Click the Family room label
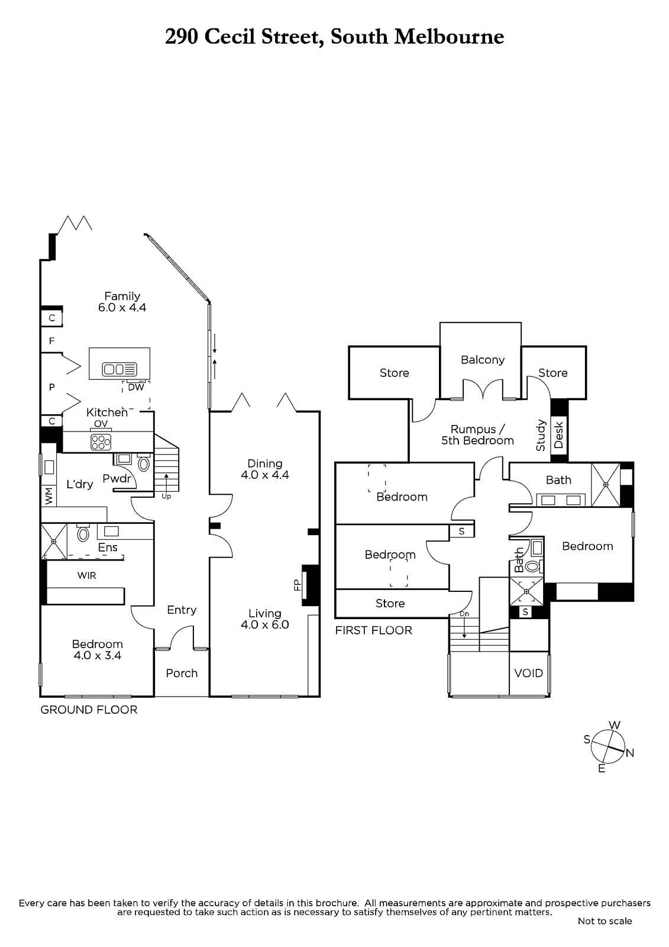point(122,296)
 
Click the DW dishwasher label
point(136,388)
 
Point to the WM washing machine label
point(49,495)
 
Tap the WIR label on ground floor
point(86,575)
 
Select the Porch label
point(182,673)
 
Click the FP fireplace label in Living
point(298,585)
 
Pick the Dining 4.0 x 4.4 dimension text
point(265,475)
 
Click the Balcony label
point(483,359)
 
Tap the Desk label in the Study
point(559,434)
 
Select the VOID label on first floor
point(528,673)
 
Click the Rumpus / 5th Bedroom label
point(477,434)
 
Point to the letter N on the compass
point(630,753)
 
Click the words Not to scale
point(605,921)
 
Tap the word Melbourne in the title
point(449,37)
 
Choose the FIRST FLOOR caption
point(373,630)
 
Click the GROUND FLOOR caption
point(89,710)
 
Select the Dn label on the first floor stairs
point(464,614)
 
